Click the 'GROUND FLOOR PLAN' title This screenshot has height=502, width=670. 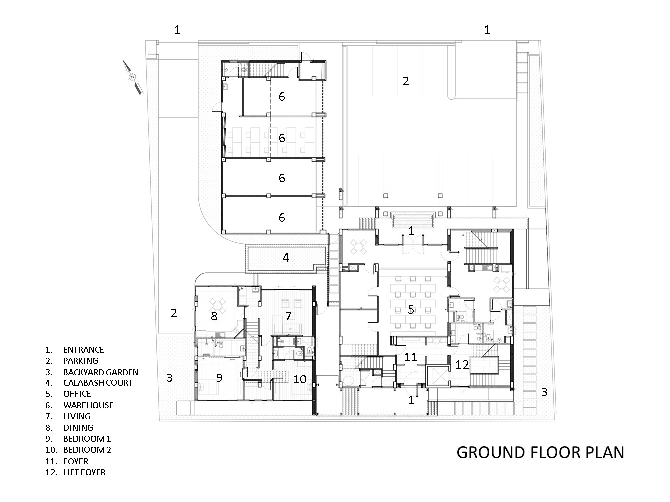[x=540, y=452]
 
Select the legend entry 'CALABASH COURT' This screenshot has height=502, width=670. [x=97, y=383]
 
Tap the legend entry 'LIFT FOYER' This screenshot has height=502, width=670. [x=84, y=472]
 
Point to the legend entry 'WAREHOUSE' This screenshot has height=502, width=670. [x=88, y=405]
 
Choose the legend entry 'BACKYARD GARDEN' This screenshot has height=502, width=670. [x=101, y=372]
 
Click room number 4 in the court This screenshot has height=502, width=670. [x=285, y=258]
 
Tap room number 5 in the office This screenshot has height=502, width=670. [x=411, y=310]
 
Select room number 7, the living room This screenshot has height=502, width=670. [x=288, y=316]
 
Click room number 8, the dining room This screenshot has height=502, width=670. [x=214, y=316]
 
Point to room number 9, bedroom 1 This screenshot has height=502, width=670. [x=219, y=378]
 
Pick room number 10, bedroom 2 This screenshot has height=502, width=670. [x=299, y=379]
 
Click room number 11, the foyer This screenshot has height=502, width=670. [x=411, y=357]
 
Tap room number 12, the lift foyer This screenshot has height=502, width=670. [x=462, y=365]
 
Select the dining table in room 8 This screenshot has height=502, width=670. [x=218, y=303]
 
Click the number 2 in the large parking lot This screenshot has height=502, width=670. [x=406, y=81]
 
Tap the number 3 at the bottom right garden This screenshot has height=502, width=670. [x=544, y=392]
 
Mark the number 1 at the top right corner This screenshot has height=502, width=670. [x=487, y=30]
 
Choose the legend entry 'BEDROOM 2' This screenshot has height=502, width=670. [x=87, y=450]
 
